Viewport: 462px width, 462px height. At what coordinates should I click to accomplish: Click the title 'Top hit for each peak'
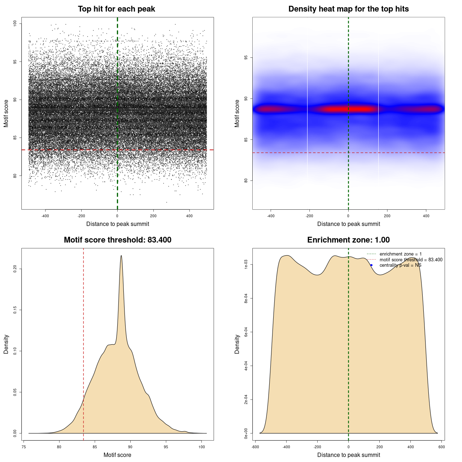[116, 9]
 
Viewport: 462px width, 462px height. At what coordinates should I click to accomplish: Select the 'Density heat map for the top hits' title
[348, 9]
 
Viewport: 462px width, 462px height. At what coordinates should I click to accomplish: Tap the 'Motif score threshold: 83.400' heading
[117, 240]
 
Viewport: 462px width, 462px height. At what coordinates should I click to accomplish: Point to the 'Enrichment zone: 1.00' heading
[348, 240]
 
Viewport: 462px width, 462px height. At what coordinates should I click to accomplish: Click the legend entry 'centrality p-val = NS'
[400, 265]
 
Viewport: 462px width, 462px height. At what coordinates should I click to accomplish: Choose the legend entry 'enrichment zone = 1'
[400, 254]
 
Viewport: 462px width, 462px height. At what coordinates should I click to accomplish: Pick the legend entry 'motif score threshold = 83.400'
[411, 260]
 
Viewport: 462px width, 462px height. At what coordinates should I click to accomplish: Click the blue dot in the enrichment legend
[371, 265]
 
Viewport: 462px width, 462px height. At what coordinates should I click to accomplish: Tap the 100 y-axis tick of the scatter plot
[15, 23]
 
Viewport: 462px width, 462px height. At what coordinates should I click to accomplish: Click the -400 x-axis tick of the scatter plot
[45, 216]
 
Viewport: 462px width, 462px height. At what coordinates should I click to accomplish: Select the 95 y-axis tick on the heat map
[246, 57]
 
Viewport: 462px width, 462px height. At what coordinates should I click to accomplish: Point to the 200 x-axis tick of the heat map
[387, 216]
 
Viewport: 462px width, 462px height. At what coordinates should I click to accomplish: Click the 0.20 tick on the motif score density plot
[15, 269]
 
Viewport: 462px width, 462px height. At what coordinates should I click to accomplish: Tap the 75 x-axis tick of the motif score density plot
[24, 447]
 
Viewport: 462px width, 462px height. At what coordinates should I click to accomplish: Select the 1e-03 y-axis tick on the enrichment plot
[246, 265]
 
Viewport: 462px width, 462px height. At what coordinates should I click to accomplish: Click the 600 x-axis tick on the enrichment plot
[441, 447]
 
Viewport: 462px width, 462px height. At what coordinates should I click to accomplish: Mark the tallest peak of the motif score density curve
[121, 256]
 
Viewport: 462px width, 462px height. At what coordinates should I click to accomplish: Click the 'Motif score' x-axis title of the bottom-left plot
[117, 455]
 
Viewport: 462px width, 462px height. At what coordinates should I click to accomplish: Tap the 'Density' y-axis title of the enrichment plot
[237, 344]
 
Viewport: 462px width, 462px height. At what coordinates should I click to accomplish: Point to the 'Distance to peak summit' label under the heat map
[348, 224]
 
